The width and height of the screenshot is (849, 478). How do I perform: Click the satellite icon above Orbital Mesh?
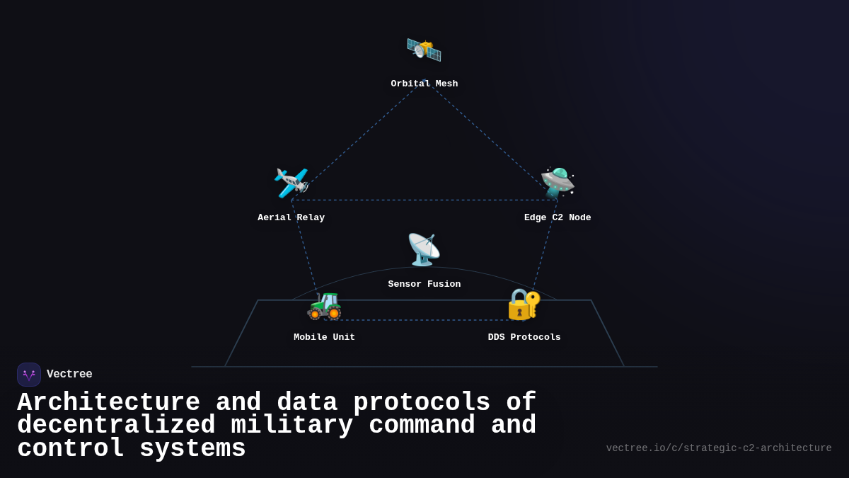tap(424, 49)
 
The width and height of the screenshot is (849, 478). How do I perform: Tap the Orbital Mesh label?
tap(424, 84)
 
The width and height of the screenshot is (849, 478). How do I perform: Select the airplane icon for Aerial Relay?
tap(291, 183)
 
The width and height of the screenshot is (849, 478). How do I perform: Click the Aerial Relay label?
tap(291, 217)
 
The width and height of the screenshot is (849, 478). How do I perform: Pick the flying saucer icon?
tap(558, 183)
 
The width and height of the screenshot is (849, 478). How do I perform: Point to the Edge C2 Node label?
tap(558, 217)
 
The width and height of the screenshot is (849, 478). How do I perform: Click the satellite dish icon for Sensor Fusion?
tap(424, 249)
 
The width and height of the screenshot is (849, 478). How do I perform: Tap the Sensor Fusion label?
tap(424, 284)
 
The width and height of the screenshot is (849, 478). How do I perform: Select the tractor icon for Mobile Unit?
tap(325, 305)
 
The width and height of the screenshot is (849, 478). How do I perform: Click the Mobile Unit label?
tap(325, 337)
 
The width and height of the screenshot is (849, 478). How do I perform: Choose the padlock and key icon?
tap(524, 304)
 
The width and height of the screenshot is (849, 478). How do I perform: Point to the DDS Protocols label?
tap(524, 337)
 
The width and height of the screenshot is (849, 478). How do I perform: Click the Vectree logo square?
tap(29, 375)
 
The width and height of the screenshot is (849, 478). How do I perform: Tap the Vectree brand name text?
tap(69, 375)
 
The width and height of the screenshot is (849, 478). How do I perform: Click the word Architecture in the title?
tap(108, 402)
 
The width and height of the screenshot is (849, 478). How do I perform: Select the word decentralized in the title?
tap(116, 426)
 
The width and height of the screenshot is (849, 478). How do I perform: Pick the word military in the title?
tap(291, 426)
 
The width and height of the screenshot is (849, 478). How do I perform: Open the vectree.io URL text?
tap(719, 448)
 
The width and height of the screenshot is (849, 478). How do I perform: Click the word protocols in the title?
tap(422, 402)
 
